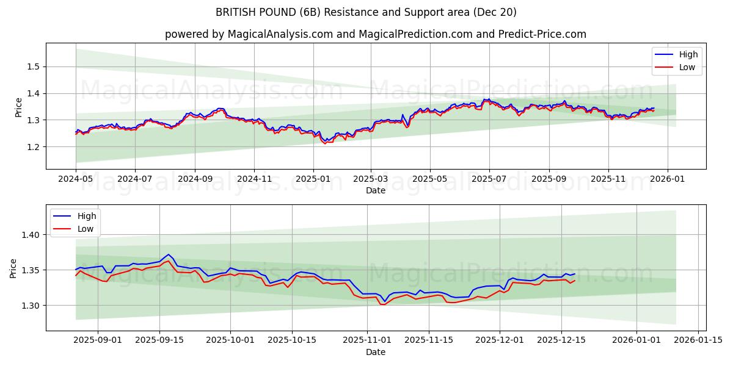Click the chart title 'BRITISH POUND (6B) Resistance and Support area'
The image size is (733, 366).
coord(366,12)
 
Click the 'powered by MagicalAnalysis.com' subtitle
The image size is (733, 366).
coord(375,34)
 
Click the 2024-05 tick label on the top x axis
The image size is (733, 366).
coord(76,179)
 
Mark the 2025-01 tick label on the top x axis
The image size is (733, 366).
coord(313,179)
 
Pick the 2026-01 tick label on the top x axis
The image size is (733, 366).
coord(667,179)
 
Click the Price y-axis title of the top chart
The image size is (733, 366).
coord(19,107)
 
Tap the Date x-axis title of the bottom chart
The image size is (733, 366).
coord(375,352)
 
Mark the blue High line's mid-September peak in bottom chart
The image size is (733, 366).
coord(168,254)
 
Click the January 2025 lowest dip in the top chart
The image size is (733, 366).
coord(325,143)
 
